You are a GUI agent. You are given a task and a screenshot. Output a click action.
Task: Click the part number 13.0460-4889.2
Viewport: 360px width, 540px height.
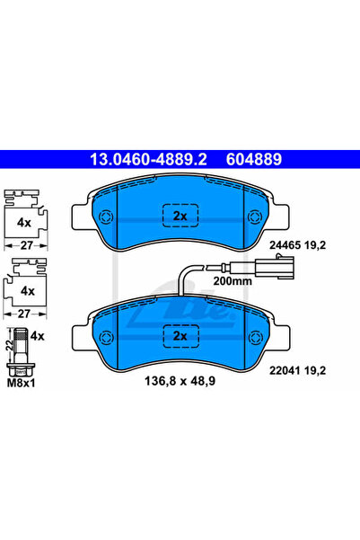(x=148, y=159)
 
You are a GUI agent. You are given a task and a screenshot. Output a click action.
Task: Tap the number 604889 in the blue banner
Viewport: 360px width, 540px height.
(x=254, y=159)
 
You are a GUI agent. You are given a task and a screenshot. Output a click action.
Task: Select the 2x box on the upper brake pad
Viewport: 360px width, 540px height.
(x=180, y=216)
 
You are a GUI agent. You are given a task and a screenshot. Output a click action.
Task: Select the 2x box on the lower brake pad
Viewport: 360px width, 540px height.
(x=180, y=336)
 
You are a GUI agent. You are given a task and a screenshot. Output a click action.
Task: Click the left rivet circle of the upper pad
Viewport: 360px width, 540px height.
(x=105, y=217)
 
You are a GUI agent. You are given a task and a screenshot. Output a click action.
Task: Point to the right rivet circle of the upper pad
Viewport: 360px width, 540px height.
(x=255, y=217)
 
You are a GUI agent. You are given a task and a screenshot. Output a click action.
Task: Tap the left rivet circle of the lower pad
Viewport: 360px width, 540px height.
(x=106, y=337)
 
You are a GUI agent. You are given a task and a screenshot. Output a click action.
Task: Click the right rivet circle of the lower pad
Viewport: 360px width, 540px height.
(x=255, y=337)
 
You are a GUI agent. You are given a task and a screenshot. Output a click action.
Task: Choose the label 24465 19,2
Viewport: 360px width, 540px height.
(x=297, y=245)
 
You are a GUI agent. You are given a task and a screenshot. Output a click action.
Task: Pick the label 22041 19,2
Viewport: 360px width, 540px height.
(x=297, y=370)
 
